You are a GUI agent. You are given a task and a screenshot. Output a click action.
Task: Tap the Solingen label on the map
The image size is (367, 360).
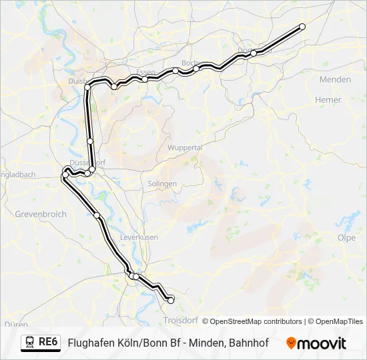point(162,183)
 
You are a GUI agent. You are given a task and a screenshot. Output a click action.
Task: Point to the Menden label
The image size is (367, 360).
point(335,79)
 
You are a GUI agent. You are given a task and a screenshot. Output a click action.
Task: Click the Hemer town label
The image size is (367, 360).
point(328,100)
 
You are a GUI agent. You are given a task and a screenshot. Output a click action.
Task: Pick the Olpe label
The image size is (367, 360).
point(346,237)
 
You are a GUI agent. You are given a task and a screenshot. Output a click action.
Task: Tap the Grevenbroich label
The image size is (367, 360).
point(40,215)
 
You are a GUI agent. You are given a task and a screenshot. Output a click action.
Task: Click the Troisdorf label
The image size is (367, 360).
point(179,321)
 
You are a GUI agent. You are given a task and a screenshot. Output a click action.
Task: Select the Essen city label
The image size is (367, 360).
point(145,72)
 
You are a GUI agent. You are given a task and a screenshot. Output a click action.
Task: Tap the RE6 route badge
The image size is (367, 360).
point(48,342)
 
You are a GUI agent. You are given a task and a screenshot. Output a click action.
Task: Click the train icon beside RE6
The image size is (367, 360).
point(30,343)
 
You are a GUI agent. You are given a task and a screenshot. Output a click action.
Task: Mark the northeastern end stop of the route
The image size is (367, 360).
point(302,27)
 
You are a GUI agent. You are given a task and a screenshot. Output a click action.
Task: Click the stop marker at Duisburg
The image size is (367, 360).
point(87,87)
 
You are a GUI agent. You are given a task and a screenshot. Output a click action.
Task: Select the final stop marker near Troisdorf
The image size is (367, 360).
point(170,301)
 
